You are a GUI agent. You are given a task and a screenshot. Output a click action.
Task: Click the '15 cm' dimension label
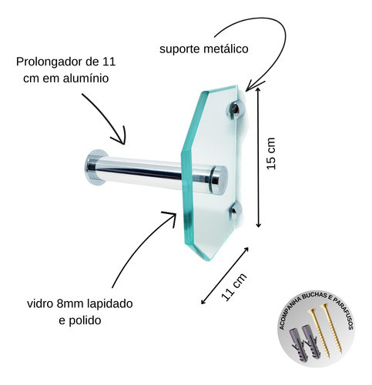(x=271, y=153)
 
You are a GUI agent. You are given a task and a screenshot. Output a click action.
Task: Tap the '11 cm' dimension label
(x=233, y=286)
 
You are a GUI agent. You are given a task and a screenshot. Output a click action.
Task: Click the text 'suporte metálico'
(x=204, y=49)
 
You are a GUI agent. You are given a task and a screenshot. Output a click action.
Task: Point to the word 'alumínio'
(x=85, y=78)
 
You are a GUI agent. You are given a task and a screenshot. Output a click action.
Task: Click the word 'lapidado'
(x=110, y=304)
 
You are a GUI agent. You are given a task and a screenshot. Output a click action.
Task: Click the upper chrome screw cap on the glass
(x=235, y=110)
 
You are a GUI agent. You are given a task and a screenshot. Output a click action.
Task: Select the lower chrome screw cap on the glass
(x=235, y=211)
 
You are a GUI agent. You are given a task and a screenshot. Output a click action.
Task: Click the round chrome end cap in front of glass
(x=220, y=179)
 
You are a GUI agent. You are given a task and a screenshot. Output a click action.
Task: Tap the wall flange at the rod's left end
(x=94, y=167)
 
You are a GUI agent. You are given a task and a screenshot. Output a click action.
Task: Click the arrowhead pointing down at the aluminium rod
(x=119, y=137)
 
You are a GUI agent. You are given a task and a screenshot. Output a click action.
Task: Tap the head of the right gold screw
(x=324, y=306)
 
